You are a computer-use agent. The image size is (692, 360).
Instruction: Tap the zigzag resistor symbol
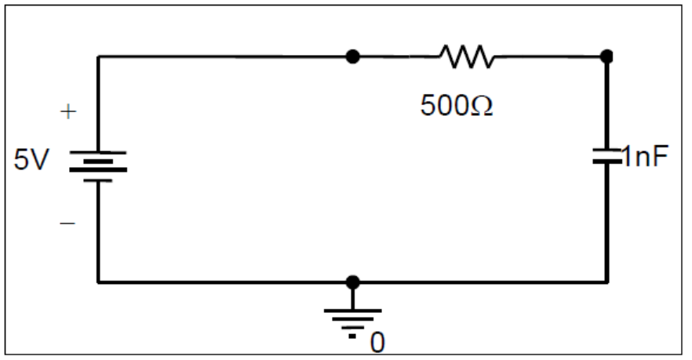point(467,56)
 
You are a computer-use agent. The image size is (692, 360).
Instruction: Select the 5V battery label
point(31,160)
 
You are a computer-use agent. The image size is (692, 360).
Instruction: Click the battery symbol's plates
point(98,165)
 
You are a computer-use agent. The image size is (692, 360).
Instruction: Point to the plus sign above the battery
point(69,113)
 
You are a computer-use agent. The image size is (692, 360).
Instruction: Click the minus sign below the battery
point(69,224)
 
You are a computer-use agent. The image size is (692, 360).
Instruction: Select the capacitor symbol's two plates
point(606,157)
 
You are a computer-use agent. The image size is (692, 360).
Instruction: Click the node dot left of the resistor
point(353,56)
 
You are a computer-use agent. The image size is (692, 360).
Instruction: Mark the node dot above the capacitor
point(606,56)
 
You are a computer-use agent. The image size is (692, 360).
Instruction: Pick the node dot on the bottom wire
point(353,281)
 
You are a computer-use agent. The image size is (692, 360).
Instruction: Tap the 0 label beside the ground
point(377,342)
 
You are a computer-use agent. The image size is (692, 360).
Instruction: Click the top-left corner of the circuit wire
point(98,56)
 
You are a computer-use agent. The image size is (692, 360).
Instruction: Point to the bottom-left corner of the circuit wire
point(98,281)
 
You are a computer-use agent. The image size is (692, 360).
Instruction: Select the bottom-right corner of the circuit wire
point(606,281)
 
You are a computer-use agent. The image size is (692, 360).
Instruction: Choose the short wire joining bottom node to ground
point(353,296)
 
